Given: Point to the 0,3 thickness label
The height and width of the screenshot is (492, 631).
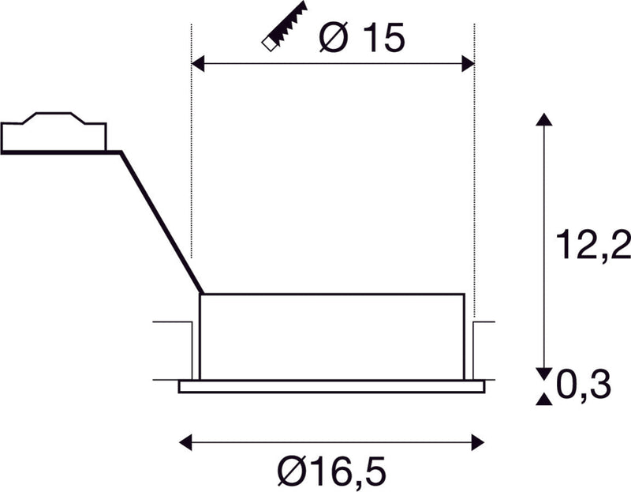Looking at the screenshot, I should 583,386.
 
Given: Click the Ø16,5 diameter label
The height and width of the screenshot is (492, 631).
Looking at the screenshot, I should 332,473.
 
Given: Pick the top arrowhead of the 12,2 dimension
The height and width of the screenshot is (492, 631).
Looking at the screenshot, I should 543,119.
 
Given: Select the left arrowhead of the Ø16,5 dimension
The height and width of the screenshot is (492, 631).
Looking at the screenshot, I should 186,441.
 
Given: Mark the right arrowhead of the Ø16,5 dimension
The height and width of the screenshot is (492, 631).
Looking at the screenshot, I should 477,441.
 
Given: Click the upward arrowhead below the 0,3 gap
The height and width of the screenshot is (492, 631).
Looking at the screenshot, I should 543,400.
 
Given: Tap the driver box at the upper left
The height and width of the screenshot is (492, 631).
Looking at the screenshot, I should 54,134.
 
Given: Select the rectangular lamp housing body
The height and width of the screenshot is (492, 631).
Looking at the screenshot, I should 331,336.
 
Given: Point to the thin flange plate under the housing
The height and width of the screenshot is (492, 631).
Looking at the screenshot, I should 331,386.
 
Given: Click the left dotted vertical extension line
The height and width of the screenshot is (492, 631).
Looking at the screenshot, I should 192,158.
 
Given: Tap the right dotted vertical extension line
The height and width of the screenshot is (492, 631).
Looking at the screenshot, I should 474,158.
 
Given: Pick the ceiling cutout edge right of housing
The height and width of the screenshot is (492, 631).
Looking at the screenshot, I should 483,322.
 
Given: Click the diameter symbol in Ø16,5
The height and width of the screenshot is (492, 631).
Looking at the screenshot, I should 292,473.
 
